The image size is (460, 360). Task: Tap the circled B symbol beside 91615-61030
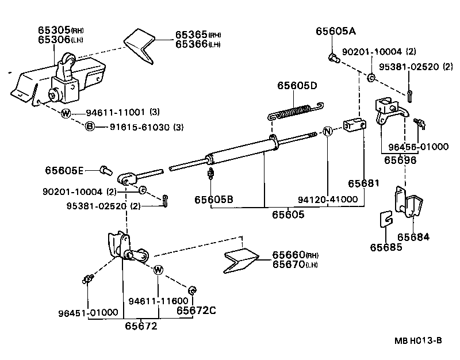coord(90,127)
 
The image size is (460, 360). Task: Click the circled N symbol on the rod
coord(327,132)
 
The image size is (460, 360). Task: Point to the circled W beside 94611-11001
coord(66,113)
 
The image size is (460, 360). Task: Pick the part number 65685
coord(385,248)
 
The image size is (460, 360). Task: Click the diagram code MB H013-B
coord(418,340)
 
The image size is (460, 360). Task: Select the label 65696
coord(400,160)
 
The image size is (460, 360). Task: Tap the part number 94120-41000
coord(328,200)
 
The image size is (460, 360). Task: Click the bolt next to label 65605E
coord(105,170)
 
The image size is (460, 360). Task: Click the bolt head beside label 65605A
coord(332,57)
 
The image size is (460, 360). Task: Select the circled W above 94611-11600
coord(159,269)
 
